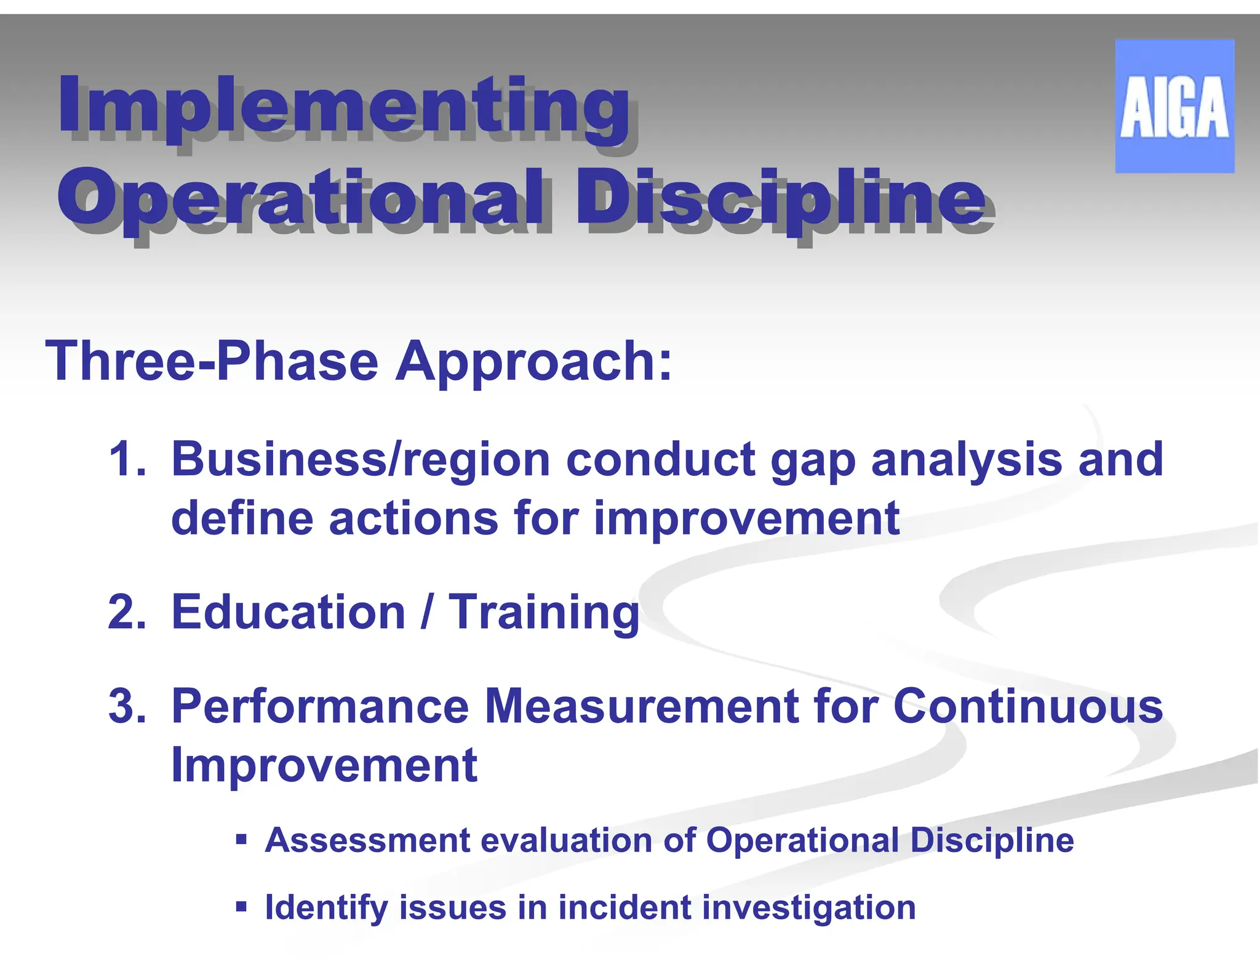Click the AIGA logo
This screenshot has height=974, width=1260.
pos(1174,106)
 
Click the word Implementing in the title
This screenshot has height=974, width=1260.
pos(345,105)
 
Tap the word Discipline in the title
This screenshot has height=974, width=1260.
pos(780,198)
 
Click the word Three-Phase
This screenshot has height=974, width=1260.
pos(212,361)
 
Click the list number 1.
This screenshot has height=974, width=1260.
pos(127,459)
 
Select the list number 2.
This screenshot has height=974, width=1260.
pos(127,612)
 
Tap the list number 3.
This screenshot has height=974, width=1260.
pos(127,706)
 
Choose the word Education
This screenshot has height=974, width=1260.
pos(288,612)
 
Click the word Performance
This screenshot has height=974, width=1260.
pos(320,706)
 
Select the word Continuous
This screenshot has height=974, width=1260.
pos(1027,706)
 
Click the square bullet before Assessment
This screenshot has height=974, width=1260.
pos(241,839)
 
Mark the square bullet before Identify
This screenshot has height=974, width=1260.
pos(241,906)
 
